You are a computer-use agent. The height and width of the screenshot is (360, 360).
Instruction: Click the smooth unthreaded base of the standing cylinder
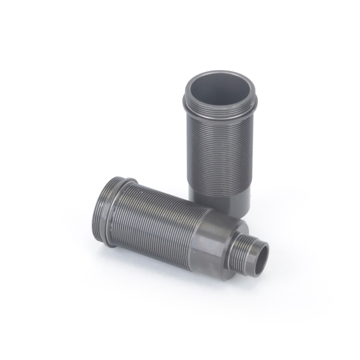coord(220,200)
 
